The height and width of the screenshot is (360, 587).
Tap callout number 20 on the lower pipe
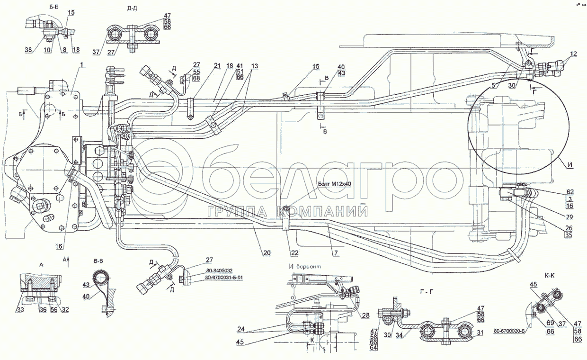(x=267, y=253)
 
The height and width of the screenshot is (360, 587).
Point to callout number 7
(x=335, y=253)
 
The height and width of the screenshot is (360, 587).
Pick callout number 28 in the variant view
(x=366, y=315)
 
